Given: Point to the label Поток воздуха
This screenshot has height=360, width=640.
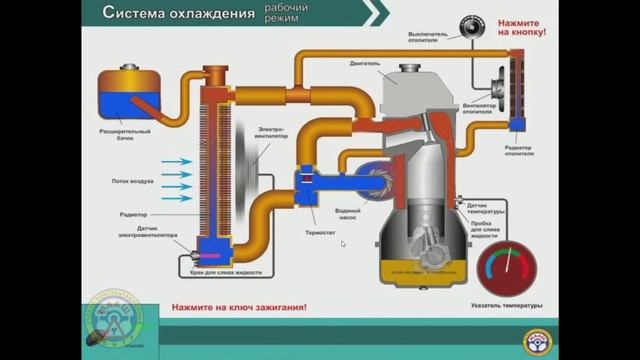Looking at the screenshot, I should [x=132, y=181].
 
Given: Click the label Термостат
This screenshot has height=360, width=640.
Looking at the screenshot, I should [x=319, y=229].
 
